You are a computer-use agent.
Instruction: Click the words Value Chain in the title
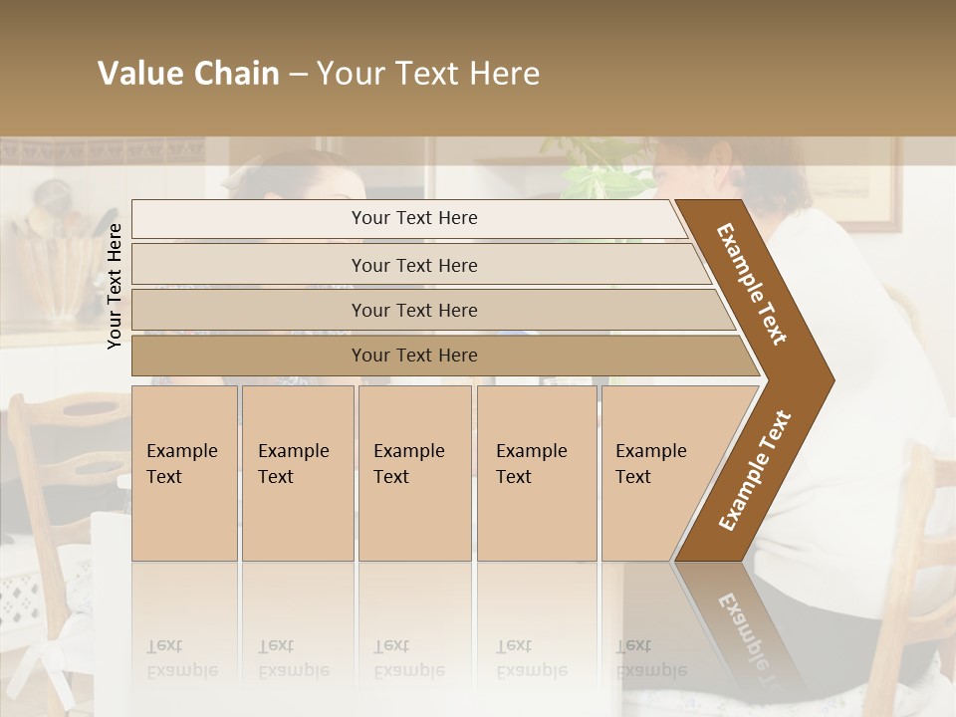click(x=188, y=74)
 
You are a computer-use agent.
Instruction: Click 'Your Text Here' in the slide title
click(x=428, y=74)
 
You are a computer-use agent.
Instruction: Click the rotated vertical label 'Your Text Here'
click(x=115, y=286)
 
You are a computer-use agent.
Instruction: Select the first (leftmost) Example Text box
click(x=184, y=473)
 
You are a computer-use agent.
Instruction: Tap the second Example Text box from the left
click(x=297, y=473)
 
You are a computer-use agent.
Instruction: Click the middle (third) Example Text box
click(x=414, y=473)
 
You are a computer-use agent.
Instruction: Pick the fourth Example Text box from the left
click(x=536, y=473)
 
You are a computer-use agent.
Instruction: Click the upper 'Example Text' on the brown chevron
click(x=753, y=284)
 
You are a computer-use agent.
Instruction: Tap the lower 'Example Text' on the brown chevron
click(x=755, y=471)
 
